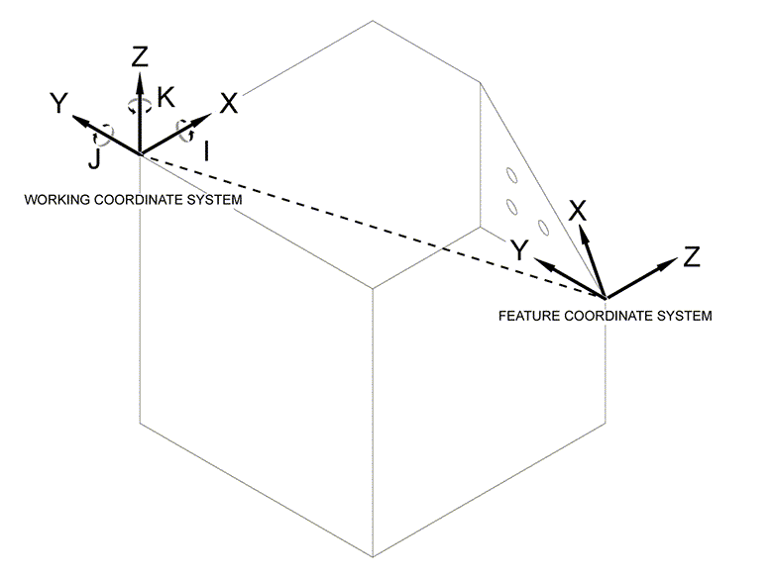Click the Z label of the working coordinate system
(x=140, y=56)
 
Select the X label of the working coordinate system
(x=228, y=103)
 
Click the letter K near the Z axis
(x=166, y=96)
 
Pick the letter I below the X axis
(x=204, y=151)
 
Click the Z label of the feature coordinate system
(x=692, y=258)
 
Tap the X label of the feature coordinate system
(x=578, y=210)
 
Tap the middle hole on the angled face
(x=513, y=206)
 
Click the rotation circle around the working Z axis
(x=140, y=106)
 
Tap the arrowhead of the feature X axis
(x=583, y=234)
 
